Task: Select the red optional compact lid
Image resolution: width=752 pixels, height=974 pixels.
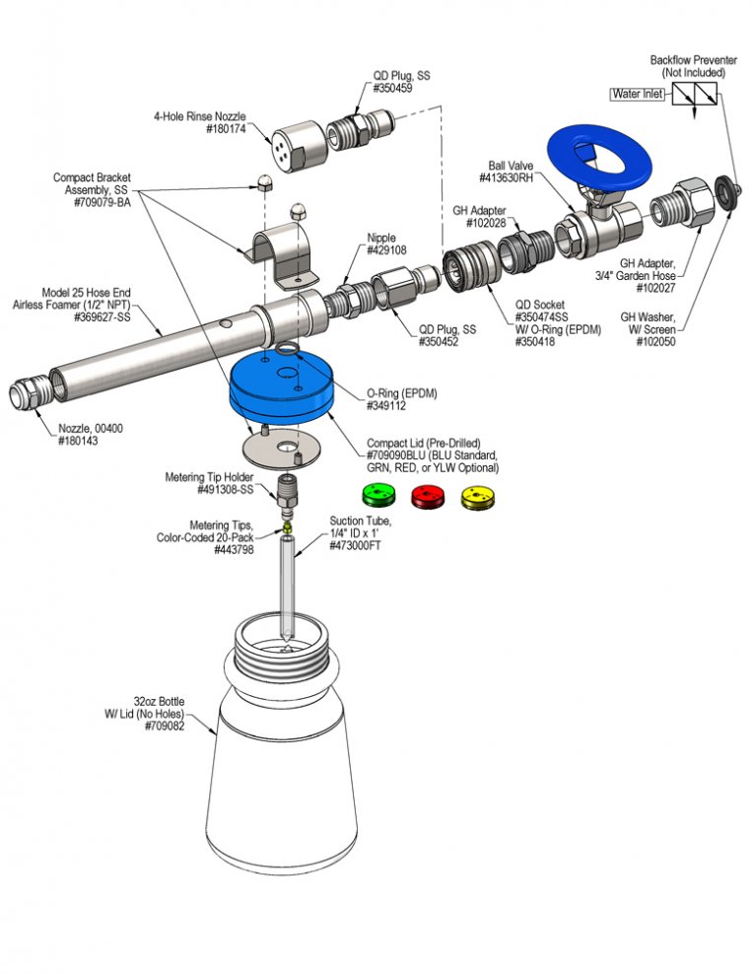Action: point(428,496)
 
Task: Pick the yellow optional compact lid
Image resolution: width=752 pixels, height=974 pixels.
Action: point(478,497)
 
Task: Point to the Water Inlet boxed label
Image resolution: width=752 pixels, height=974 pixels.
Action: point(638,95)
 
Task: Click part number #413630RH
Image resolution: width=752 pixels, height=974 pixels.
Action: point(506,178)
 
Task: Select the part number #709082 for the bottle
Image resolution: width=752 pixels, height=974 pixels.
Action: point(165,727)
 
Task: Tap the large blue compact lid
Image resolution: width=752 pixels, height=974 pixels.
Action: point(281,387)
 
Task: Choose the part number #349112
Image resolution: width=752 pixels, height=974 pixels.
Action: point(386,406)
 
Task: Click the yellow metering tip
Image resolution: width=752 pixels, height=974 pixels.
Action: point(287,528)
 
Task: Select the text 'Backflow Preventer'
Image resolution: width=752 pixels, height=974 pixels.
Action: point(694,60)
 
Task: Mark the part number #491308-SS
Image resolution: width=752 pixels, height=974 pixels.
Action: point(226,490)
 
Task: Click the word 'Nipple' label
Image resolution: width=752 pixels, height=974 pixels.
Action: point(381,238)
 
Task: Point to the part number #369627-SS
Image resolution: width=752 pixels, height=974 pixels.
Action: point(103,317)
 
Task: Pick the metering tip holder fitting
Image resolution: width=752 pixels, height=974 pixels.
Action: point(287,497)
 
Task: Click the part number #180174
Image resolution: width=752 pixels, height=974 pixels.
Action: point(226,129)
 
